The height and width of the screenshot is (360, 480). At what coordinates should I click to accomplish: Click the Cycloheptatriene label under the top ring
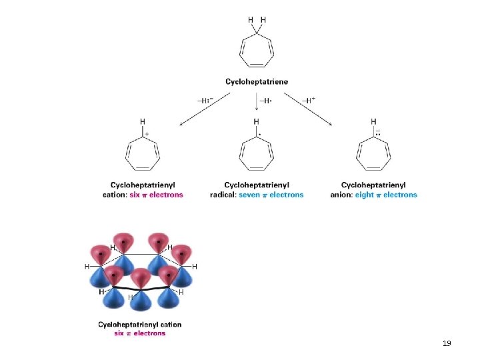pos(257,81)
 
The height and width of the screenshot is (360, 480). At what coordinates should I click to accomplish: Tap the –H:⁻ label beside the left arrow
pos(205,101)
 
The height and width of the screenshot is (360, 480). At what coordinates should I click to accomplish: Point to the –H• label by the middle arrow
pos(265,101)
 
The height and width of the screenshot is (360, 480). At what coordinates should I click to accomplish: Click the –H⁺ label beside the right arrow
pos(309,100)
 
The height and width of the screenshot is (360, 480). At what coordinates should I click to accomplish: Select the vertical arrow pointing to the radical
pos(257,101)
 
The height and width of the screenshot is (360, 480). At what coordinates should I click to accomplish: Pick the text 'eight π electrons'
pos(386,195)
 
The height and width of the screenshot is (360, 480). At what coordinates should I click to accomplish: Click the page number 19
pos(447,343)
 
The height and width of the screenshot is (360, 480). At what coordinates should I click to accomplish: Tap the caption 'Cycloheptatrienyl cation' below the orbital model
pos(139,325)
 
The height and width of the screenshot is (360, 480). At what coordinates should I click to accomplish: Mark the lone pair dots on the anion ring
pos(377,133)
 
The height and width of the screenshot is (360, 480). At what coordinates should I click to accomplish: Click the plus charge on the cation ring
pos(147,133)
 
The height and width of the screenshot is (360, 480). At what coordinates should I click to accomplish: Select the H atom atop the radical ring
pos(257,121)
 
